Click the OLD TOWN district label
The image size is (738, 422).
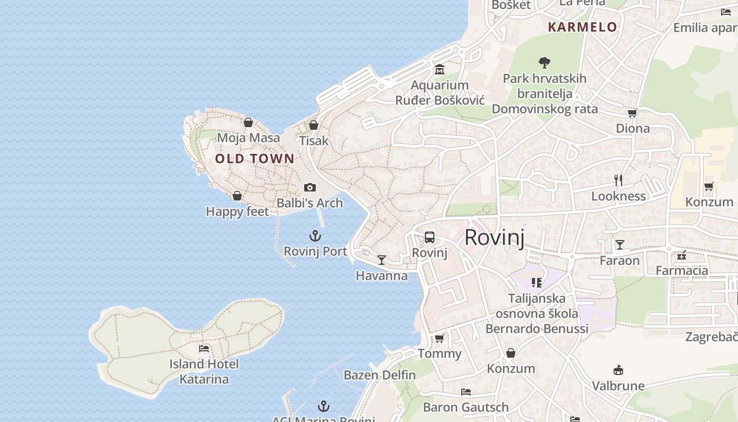(x=255, y=159)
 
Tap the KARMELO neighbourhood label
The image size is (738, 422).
(x=582, y=27)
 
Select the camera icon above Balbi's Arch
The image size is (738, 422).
(x=310, y=187)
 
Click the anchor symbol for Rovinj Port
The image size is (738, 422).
(x=315, y=236)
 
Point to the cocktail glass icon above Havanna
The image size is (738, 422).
(x=382, y=260)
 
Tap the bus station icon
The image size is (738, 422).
(x=430, y=237)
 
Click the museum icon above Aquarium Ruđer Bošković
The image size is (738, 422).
(x=440, y=70)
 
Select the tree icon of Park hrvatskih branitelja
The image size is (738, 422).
(x=545, y=63)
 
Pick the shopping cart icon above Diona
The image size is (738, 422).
(x=633, y=113)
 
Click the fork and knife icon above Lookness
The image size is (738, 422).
(x=619, y=180)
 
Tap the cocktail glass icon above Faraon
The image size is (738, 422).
(x=620, y=245)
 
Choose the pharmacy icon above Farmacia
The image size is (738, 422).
(x=682, y=255)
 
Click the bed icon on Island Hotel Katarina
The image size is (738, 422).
(x=204, y=349)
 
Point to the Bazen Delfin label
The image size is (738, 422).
(x=380, y=375)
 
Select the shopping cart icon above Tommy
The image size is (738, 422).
(x=440, y=338)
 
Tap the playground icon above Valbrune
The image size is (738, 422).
(x=618, y=370)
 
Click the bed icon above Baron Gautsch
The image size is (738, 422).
(x=466, y=392)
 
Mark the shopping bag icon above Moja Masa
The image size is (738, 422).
(x=248, y=122)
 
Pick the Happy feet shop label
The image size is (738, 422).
(x=237, y=212)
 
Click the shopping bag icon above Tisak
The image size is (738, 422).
(x=314, y=125)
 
